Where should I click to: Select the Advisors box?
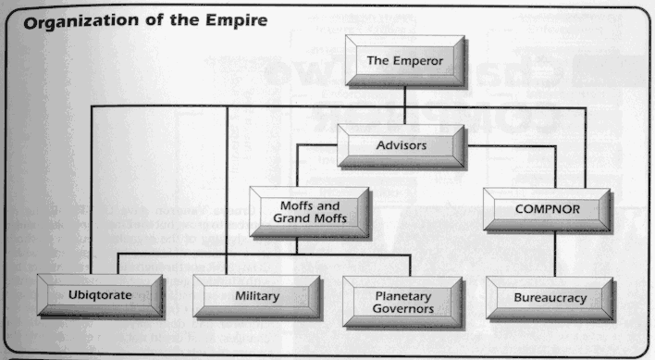(399, 146)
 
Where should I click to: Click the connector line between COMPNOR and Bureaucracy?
(552, 255)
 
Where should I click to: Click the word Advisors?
(399, 145)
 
